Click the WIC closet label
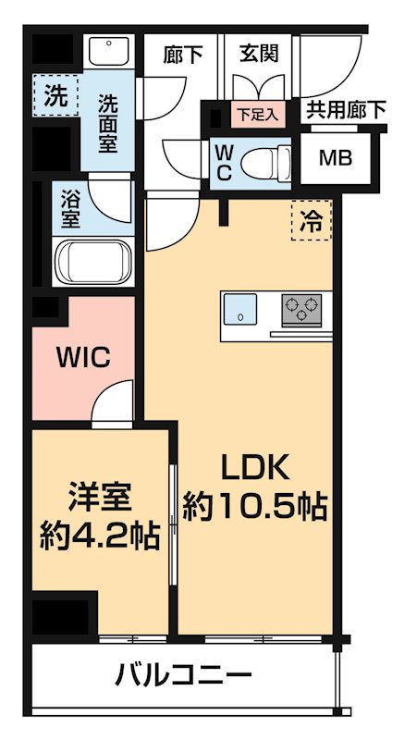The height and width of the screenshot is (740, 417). [x=83, y=355]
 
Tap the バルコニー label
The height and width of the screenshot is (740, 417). [x=184, y=674]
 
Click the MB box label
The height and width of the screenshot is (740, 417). [x=334, y=157]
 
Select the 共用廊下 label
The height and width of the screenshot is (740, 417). [x=344, y=110]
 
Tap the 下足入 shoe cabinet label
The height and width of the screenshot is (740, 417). [x=253, y=116]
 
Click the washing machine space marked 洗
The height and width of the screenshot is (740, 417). [x=55, y=95]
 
